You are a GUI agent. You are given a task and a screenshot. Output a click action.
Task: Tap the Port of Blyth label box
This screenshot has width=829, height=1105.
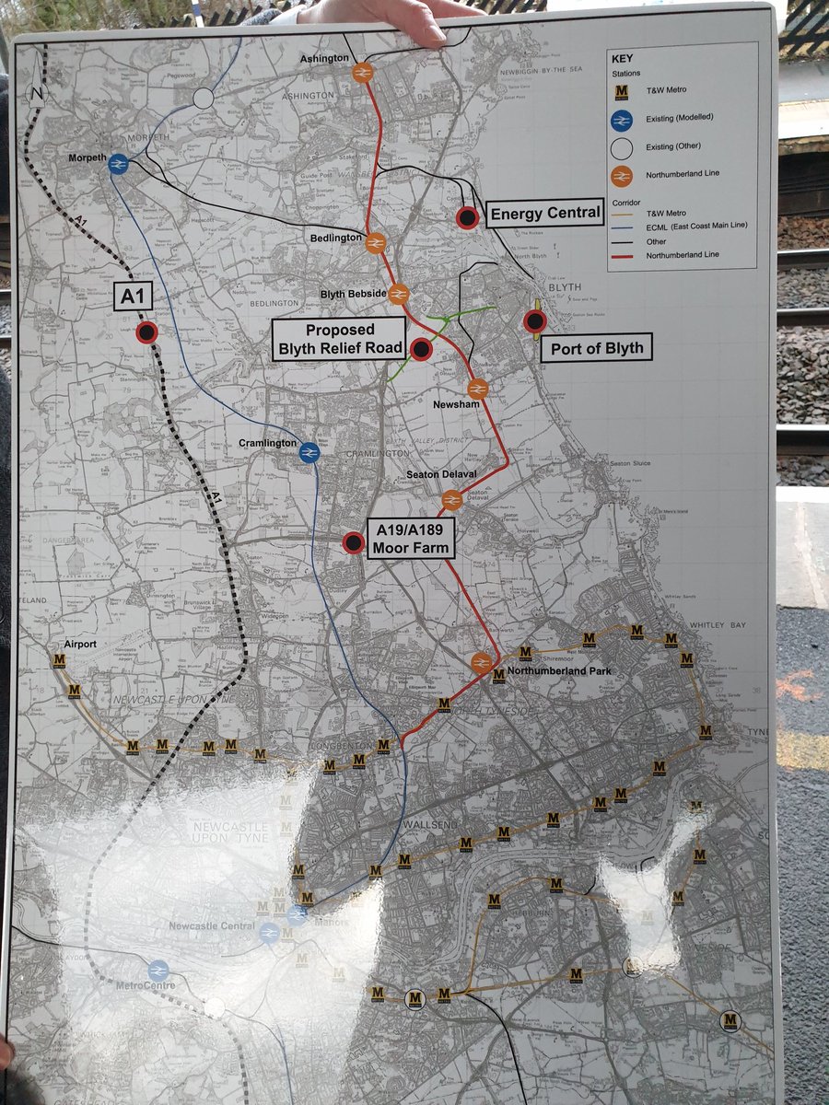click(x=595, y=348)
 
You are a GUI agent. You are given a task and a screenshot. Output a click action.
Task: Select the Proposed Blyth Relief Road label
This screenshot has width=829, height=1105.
click(x=340, y=338)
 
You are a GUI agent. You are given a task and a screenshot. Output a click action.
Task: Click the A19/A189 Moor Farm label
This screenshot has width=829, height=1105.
click(x=412, y=539)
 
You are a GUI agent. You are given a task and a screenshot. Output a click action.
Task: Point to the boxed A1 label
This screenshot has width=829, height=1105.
click(x=132, y=296)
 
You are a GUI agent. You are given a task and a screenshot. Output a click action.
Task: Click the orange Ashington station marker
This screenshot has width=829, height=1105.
click(x=363, y=72)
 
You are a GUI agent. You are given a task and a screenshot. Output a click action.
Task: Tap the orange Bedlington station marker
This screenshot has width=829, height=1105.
click(x=375, y=244)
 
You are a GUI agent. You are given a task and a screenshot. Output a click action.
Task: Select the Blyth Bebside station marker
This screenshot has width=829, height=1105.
click(x=398, y=294)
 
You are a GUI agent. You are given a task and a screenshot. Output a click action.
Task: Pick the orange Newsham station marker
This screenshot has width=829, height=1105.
click(x=477, y=390)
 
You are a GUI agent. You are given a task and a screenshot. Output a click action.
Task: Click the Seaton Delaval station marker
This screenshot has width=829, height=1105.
click(x=451, y=500)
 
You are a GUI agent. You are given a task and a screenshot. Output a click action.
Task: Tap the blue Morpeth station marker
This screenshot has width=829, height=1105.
click(x=118, y=164)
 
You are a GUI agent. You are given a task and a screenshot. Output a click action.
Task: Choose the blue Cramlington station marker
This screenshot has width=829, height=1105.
click(x=309, y=451)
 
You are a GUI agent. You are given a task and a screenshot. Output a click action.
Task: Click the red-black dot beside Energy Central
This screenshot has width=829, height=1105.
click(x=467, y=217)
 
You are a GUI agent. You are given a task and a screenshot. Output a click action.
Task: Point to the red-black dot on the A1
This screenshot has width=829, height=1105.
click(x=146, y=332)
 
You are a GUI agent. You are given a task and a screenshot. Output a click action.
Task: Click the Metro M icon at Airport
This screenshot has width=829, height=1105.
click(x=60, y=660)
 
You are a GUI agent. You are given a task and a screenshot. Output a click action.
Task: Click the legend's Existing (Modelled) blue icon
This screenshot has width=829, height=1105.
click(x=622, y=118)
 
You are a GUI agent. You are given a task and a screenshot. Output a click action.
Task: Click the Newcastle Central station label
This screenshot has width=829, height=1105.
click(x=211, y=925)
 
